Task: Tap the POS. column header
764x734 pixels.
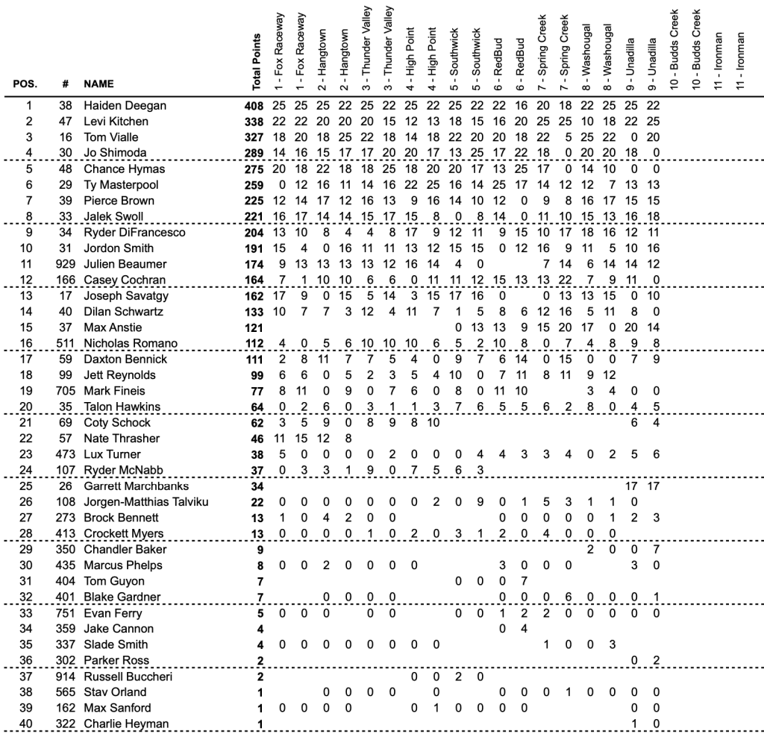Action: (x=26, y=84)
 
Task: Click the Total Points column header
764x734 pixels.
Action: (x=257, y=58)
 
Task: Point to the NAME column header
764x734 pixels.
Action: (x=98, y=84)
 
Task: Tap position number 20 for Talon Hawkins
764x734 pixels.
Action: (x=28, y=407)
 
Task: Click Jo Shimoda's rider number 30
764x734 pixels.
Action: (x=66, y=154)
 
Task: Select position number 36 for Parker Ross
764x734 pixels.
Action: (x=28, y=660)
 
